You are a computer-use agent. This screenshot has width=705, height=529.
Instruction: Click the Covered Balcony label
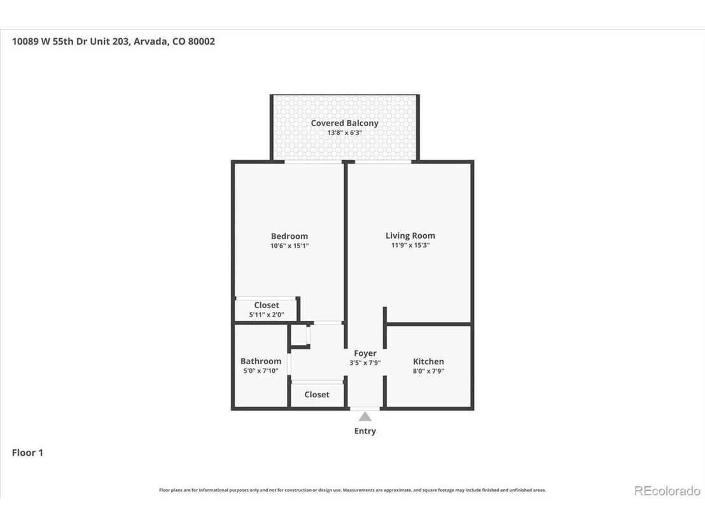344,123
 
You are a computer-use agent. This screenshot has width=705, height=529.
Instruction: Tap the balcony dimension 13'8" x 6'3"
344,132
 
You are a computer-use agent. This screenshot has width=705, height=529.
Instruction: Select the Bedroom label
289,236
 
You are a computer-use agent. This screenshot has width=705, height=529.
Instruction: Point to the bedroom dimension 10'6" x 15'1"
289,246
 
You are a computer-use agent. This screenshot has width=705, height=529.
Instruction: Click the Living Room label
410,236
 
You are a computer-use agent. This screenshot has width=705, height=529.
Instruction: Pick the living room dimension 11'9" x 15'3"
410,245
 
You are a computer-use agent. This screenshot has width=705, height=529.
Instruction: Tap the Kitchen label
428,361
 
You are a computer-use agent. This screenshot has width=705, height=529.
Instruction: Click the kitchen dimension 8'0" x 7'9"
428,371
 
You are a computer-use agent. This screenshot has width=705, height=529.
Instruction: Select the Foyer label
365,353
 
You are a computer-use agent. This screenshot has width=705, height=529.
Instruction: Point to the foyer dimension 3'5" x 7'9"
365,363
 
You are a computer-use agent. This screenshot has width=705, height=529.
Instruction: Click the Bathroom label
261,361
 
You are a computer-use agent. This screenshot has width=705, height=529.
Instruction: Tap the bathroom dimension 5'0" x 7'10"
261,370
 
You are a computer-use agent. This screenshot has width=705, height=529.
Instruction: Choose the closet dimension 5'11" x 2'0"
266,314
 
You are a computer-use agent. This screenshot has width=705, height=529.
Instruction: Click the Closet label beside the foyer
316,395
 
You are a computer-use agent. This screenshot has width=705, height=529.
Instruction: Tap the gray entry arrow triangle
365,417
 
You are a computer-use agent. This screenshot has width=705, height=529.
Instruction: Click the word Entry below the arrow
365,431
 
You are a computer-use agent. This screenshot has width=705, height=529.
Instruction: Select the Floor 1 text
27,453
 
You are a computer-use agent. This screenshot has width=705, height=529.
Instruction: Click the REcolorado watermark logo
667,491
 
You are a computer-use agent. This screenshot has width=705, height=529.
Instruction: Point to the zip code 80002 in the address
202,41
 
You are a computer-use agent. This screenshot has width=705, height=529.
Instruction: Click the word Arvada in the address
151,41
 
